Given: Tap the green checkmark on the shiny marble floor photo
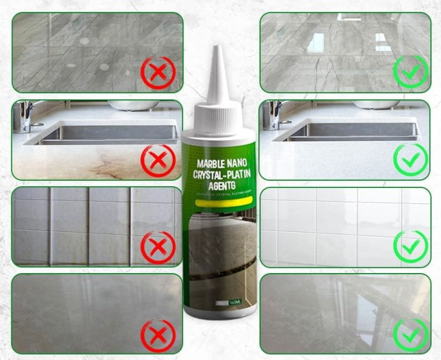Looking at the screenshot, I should [x=410, y=72].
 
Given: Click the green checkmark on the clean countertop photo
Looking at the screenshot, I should [x=410, y=160].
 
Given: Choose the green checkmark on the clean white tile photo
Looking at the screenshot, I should [x=410, y=247].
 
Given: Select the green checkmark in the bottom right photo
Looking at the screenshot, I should [x=410, y=333].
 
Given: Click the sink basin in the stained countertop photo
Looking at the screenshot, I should [x=108, y=132].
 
